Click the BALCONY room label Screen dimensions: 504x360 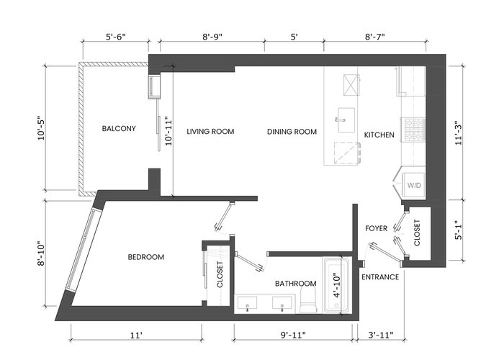coord(119,129)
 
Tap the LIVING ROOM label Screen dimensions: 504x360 coord(210,132)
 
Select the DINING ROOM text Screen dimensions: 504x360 coord(292,132)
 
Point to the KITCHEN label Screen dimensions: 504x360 coord(379,135)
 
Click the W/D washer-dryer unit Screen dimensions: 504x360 coord(414,185)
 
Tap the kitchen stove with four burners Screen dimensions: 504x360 coord(414,130)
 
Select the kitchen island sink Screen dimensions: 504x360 coord(346,120)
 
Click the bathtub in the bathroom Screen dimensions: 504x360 coord(336,285)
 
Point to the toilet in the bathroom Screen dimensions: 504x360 coord(308,300)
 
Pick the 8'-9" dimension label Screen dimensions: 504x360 coord(212,37)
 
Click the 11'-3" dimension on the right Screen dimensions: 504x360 coord(459,132)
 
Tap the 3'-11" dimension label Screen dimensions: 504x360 coord(381,336)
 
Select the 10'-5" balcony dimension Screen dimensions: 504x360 coord(42,128)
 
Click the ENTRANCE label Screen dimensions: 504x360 coord(380,277)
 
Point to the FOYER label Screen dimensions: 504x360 coord(377,228)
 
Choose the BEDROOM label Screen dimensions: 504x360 coord(146,257)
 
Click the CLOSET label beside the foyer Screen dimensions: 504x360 coord(417,233)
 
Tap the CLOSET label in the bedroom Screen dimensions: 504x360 coord(220,274)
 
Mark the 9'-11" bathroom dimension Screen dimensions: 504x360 coord(293,336)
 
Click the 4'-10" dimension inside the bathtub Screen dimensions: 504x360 coord(336,285)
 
